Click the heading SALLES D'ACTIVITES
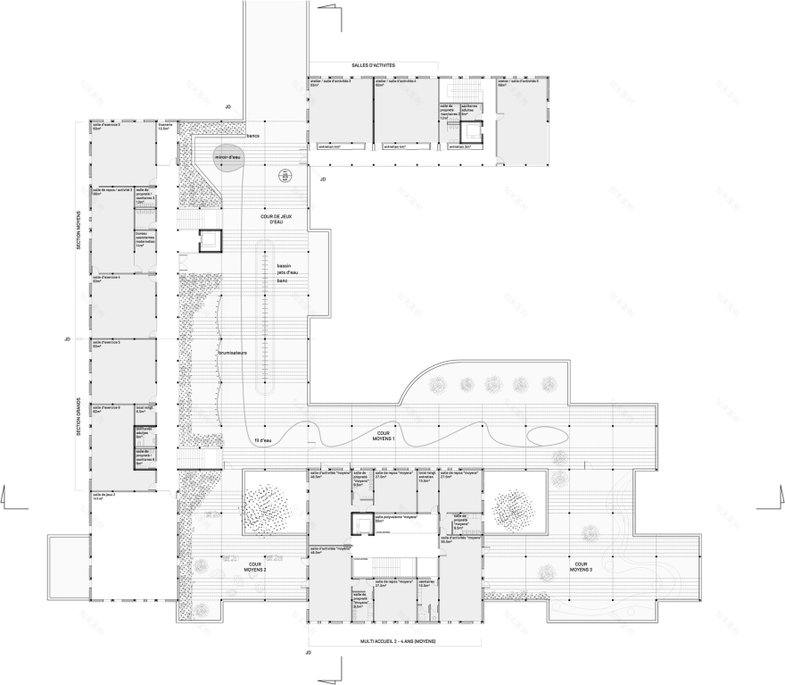[373, 65]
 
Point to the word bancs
[253, 134]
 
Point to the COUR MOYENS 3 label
[581, 567]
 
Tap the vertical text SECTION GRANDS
[78, 417]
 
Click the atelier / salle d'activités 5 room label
[516, 83]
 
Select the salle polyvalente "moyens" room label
[397, 518]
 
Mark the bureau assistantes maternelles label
[145, 239]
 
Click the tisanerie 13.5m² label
[163, 127]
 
